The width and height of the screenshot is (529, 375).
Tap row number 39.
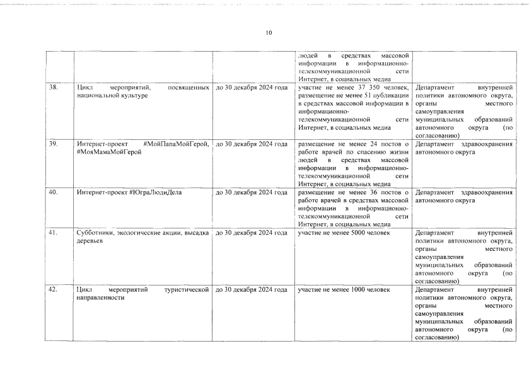click(54, 144)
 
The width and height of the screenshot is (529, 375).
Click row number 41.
click(54, 233)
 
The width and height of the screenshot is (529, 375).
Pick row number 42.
click(54, 289)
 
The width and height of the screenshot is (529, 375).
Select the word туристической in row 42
click(186, 289)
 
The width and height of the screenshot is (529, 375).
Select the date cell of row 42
click(251, 289)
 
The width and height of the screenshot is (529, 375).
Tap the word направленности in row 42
click(100, 297)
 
